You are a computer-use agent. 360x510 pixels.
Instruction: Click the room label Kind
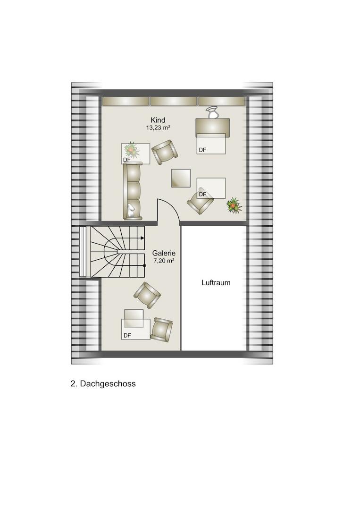pyautogui.click(x=158, y=120)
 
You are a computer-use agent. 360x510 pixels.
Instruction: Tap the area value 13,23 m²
pyautogui.click(x=158, y=128)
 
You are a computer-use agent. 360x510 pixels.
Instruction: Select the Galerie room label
pyautogui.click(x=164, y=253)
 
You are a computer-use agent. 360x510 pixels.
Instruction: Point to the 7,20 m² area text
pyautogui.click(x=164, y=261)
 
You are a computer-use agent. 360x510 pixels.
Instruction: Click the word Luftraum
pyautogui.click(x=216, y=283)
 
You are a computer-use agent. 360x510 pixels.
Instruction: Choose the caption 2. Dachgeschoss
pyautogui.click(x=103, y=384)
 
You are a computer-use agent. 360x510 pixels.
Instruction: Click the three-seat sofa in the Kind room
pyautogui.click(x=133, y=191)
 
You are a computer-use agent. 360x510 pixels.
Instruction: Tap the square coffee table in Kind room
pyautogui.click(x=181, y=178)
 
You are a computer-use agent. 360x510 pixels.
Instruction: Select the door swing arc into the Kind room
pyautogui.click(x=173, y=206)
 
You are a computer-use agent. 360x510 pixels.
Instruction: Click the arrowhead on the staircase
pyautogui.click(x=142, y=238)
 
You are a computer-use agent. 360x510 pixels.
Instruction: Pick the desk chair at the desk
pyautogui.click(x=213, y=113)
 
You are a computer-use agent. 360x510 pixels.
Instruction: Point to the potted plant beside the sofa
pyautogui.click(x=131, y=149)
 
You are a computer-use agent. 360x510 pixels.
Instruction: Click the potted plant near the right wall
pyautogui.click(x=234, y=205)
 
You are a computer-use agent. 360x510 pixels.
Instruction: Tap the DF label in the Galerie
pyautogui.click(x=127, y=335)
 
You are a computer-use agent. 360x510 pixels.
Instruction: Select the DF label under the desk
pyautogui.click(x=202, y=150)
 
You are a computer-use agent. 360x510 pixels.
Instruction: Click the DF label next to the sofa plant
pyautogui.click(x=126, y=160)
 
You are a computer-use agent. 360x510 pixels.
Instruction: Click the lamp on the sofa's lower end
pyautogui.click(x=131, y=211)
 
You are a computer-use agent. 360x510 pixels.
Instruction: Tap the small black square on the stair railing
pyautogui.click(x=144, y=266)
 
